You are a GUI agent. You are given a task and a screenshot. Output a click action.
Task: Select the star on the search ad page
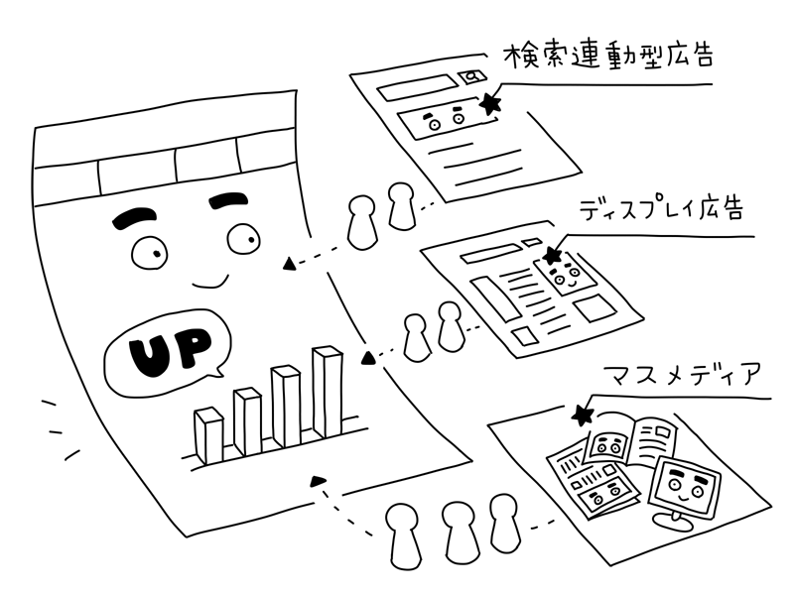click(x=490, y=103)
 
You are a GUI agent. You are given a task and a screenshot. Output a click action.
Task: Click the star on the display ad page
click(x=553, y=257)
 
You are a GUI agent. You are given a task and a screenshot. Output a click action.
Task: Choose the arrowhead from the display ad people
click(x=367, y=356)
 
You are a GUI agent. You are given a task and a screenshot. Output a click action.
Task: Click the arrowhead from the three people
click(x=319, y=482)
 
